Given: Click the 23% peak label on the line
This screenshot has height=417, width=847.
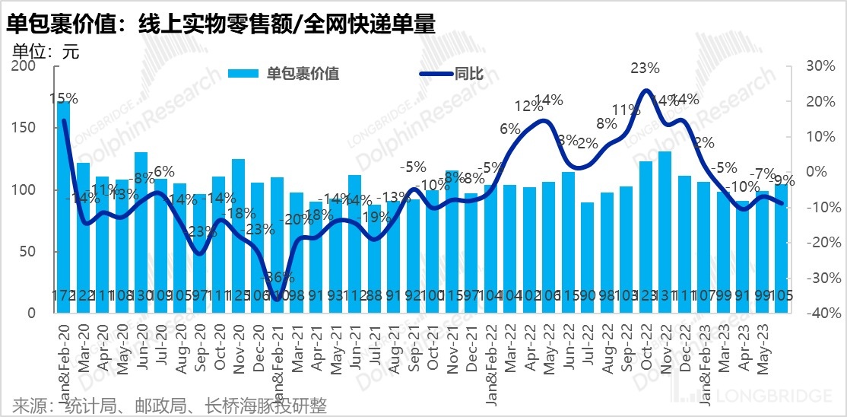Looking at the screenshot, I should click(645, 68).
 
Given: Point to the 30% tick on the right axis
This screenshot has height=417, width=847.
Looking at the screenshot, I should click(820, 66).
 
